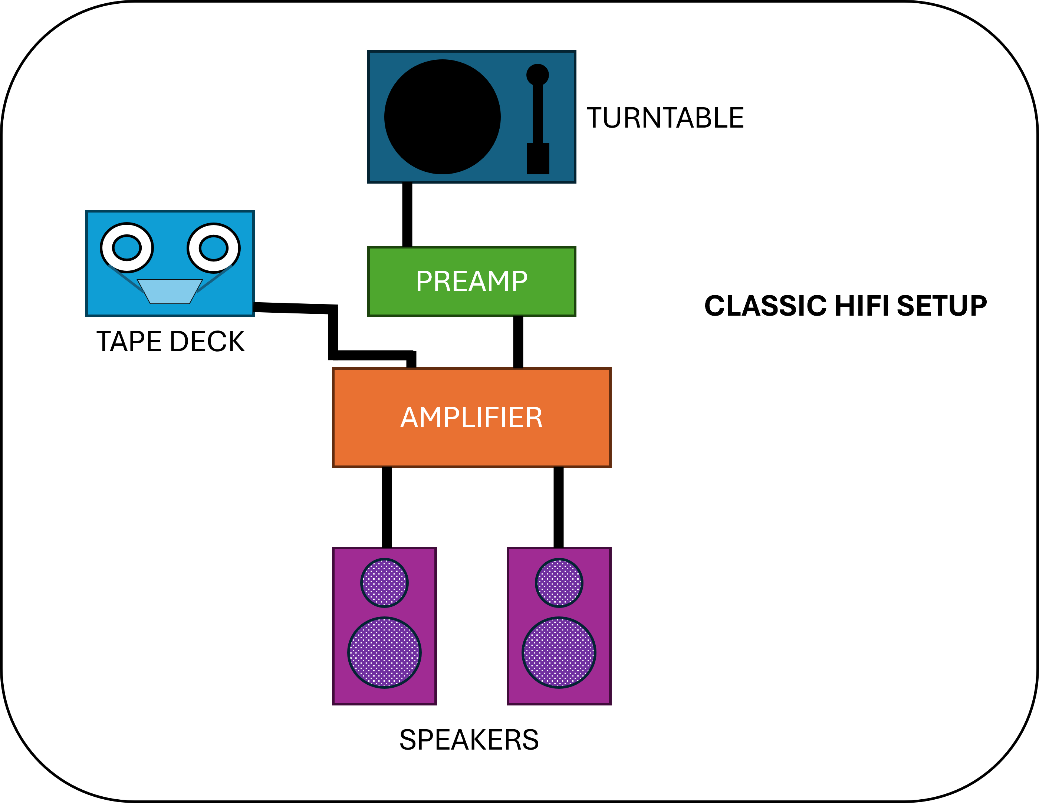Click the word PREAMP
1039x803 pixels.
point(471,281)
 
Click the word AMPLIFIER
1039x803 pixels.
point(471,418)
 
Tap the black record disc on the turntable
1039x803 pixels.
point(443,117)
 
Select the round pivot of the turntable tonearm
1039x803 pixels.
point(537,75)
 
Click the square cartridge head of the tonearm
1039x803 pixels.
point(538,158)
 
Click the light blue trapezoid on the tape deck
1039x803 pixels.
point(170,291)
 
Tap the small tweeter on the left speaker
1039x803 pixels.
point(384,583)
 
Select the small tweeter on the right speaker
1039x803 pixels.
point(559,583)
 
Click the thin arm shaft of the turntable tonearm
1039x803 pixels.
point(537,114)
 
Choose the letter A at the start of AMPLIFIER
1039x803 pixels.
point(409,418)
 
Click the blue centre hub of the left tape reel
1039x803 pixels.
point(126,248)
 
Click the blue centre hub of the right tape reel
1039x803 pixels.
point(214,248)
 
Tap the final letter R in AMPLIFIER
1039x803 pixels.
point(534,418)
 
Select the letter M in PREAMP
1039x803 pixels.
point(496,281)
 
